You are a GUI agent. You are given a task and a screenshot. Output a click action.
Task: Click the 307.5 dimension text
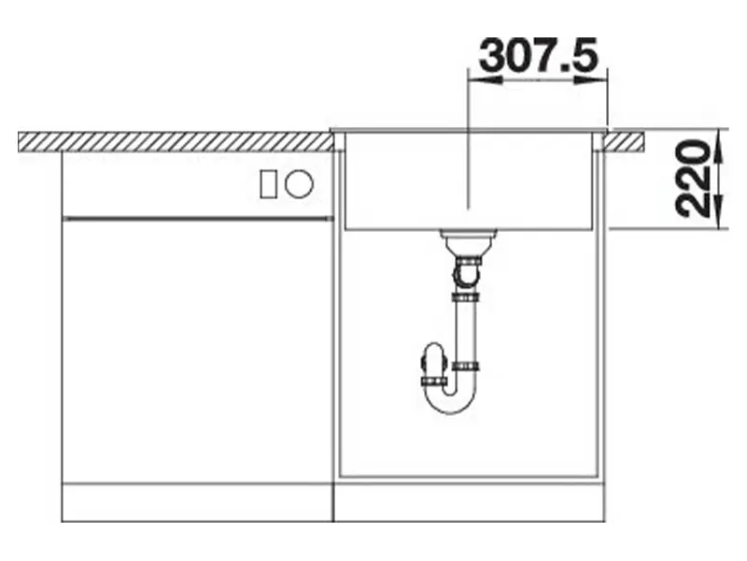(x=539, y=55)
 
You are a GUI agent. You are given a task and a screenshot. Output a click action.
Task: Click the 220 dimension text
(x=691, y=178)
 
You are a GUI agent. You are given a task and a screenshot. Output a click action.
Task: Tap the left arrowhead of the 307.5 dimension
(x=485, y=79)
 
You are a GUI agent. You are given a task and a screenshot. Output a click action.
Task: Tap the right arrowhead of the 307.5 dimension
(x=591, y=79)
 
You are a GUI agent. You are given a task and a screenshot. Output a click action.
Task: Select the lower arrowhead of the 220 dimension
(x=719, y=212)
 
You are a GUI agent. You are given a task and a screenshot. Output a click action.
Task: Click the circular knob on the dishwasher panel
(x=299, y=184)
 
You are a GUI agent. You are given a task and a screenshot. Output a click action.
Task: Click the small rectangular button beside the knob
(x=268, y=184)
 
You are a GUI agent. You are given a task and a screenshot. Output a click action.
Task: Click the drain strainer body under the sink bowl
(x=468, y=242)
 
